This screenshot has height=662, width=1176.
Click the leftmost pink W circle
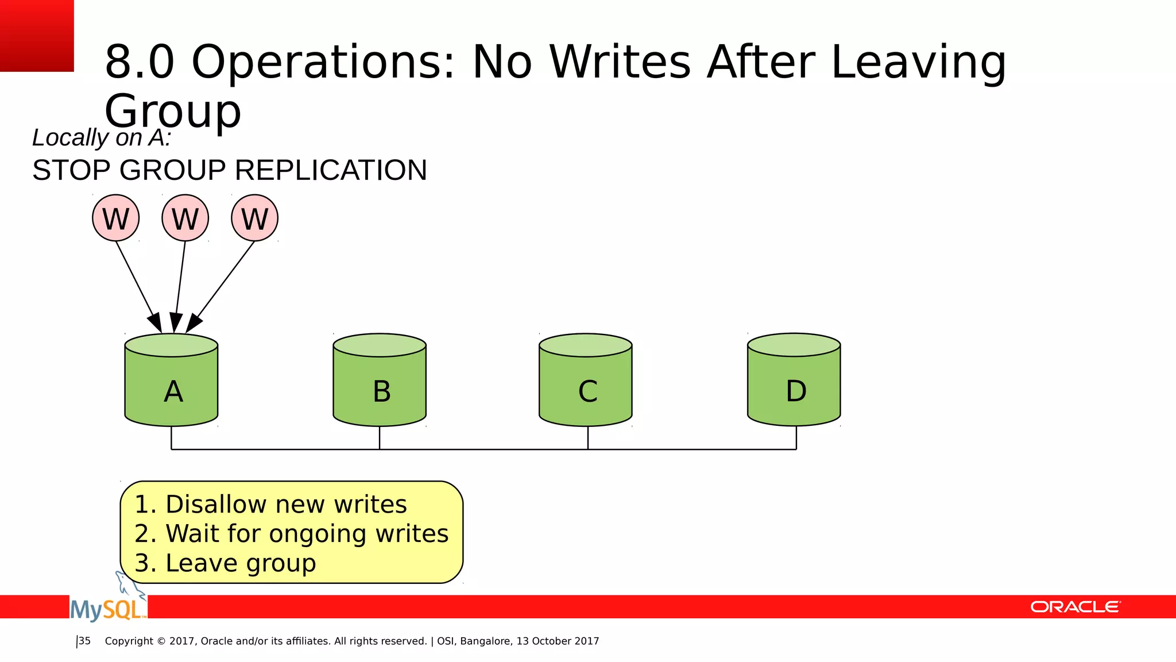[x=116, y=218]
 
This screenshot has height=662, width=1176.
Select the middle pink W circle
[x=185, y=218]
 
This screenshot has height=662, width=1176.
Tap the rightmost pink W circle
[x=255, y=218]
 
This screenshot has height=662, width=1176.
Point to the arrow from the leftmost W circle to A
[x=136, y=282]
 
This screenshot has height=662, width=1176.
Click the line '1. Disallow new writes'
[x=270, y=505]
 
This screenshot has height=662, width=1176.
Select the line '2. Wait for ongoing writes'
[x=291, y=534]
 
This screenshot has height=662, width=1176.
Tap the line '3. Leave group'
[x=225, y=563]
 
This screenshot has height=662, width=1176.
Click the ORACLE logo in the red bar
[x=1075, y=607]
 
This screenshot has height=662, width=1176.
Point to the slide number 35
[x=84, y=641]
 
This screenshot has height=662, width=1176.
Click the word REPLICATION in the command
[x=331, y=171]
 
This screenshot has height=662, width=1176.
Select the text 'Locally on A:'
[x=102, y=138]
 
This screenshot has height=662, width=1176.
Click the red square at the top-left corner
[x=37, y=36]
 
